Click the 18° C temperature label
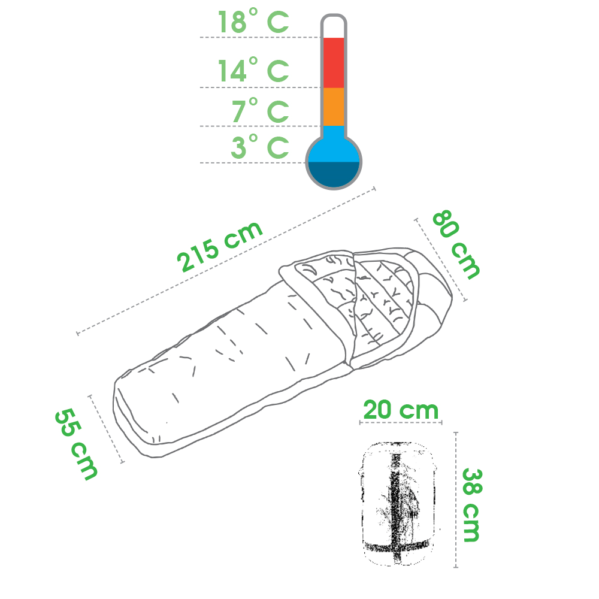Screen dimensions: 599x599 (253, 22)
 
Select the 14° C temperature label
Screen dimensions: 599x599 (253, 70)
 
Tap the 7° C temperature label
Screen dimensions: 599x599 (260, 110)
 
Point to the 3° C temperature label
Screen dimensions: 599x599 (260, 146)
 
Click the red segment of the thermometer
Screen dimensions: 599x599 (334, 63)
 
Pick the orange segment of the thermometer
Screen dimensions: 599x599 (334, 107)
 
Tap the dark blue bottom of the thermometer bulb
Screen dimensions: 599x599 (334, 174)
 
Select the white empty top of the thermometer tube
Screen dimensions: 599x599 (334, 28)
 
